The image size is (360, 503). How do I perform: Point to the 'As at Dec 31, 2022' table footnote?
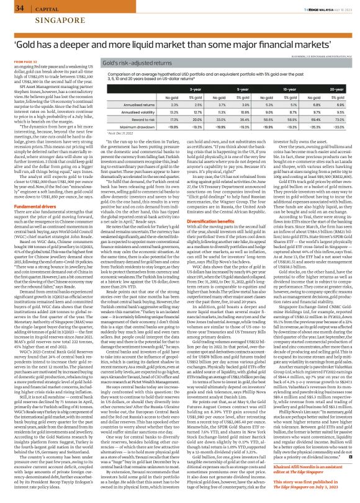coord(117,131)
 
